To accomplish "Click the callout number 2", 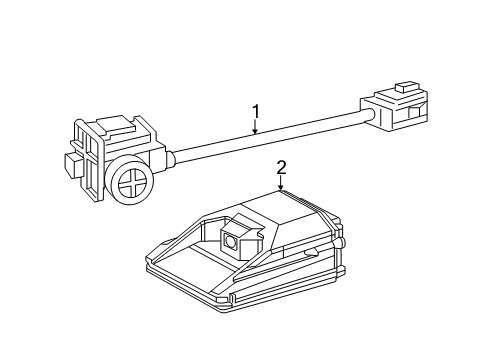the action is tap(282, 168).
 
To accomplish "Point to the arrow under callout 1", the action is tap(255, 127).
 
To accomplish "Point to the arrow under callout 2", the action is tap(282, 184).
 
